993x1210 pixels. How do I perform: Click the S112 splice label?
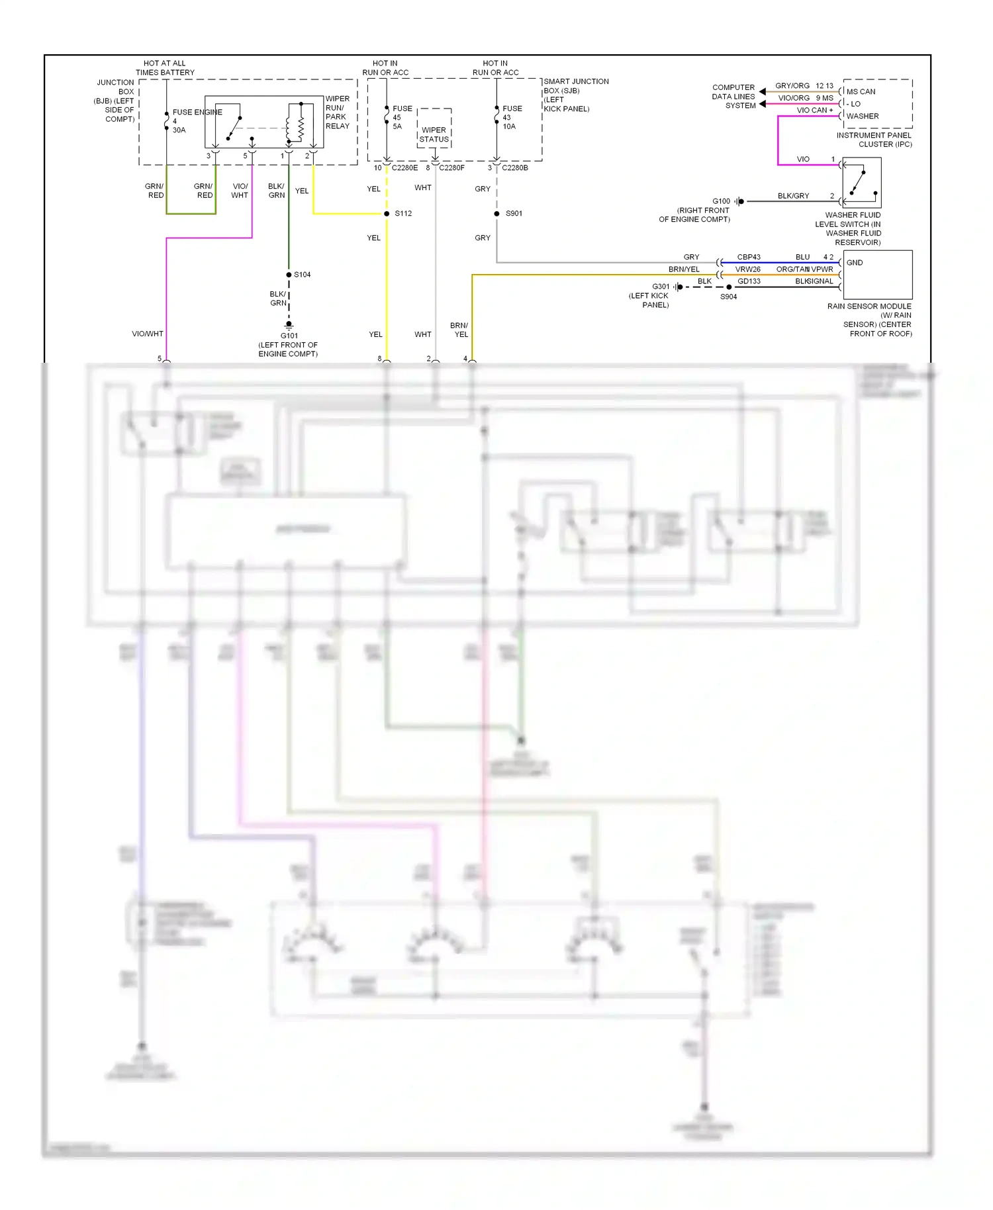click(403, 213)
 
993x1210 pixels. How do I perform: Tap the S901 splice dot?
click(496, 214)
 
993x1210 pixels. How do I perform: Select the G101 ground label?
click(289, 336)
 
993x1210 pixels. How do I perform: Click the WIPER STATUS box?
click(434, 134)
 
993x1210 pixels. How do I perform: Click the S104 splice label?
click(302, 275)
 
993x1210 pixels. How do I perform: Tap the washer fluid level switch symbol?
click(861, 183)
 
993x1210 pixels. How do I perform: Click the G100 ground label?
click(721, 201)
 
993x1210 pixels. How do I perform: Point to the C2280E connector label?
click(404, 168)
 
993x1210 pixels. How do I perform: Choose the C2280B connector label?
click(514, 168)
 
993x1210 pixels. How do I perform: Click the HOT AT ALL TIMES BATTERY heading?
click(165, 68)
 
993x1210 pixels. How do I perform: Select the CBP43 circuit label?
click(749, 257)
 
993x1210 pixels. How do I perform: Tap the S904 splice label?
click(728, 297)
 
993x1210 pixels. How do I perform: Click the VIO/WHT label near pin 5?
click(147, 334)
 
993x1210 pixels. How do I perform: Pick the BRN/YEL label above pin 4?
click(459, 330)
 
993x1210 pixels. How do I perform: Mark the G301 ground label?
click(661, 287)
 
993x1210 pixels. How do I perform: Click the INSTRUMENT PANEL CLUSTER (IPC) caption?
click(874, 140)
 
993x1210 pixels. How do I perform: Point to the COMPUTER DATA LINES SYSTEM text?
click(733, 97)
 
